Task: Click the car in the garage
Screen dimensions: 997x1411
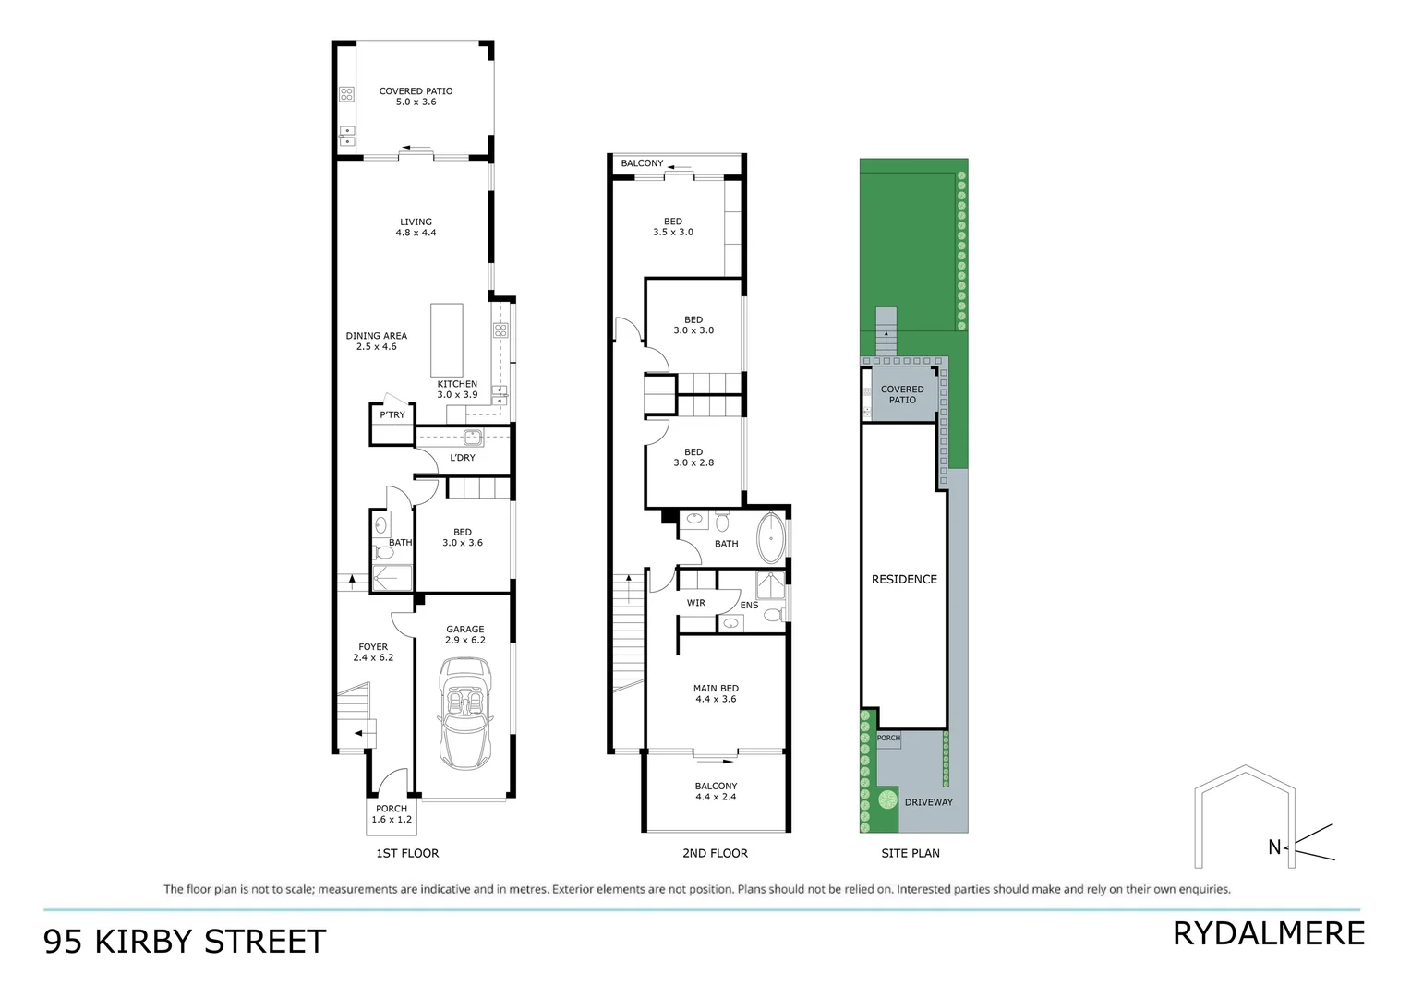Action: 465,713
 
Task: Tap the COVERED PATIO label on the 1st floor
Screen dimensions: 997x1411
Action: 416,96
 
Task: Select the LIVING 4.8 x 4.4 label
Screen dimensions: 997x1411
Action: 416,227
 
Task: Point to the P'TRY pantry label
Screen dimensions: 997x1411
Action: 392,415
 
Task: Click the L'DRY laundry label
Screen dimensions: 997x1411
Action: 463,458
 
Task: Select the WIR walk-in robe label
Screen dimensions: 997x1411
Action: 696,603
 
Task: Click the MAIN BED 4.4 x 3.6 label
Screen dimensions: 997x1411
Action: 717,693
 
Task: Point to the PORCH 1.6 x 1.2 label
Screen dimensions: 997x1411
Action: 392,813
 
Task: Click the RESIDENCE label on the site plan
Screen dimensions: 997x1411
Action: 904,579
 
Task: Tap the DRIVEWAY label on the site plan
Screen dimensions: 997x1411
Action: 928,802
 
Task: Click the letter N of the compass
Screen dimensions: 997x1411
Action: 1274,847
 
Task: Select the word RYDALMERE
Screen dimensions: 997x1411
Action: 1268,933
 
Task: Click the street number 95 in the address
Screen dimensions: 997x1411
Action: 63,942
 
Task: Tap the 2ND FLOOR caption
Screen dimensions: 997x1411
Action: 715,853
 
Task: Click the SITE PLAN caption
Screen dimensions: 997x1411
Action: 911,853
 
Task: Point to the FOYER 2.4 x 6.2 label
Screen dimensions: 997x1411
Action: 373,652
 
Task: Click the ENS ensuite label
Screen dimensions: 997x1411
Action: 749,606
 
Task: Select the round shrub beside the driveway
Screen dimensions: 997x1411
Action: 887,799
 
